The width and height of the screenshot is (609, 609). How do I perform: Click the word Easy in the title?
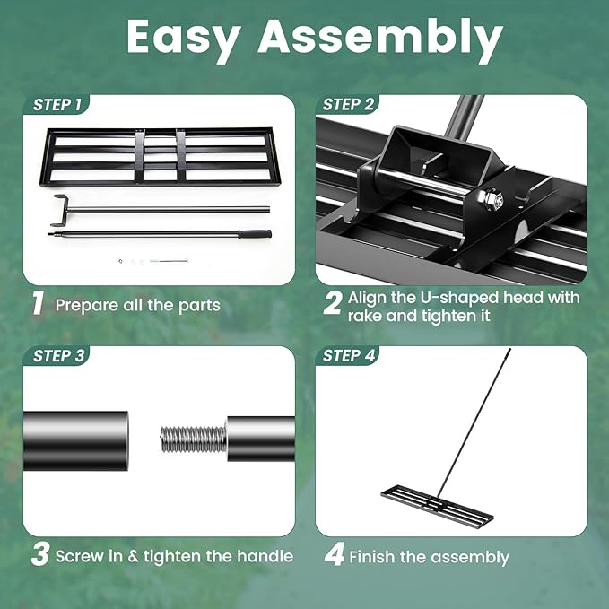tap(186, 38)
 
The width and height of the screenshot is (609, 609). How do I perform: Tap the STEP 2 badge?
tap(349, 105)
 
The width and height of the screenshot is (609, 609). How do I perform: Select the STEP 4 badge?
tap(349, 356)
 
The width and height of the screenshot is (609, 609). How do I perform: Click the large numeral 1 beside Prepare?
tap(38, 304)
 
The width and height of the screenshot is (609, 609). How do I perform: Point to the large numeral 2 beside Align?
tap(332, 304)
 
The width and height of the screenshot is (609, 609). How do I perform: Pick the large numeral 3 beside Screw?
tap(39, 555)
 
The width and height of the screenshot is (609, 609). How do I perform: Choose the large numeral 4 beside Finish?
tap(334, 555)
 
